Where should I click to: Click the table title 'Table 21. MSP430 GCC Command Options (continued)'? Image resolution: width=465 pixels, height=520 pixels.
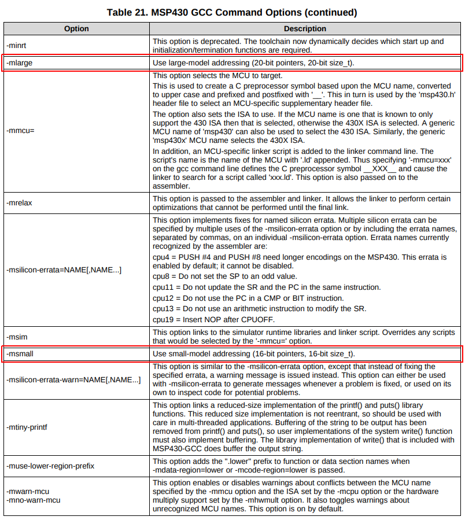[x=232, y=12]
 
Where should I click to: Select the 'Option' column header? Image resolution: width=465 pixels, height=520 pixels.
[x=76, y=28]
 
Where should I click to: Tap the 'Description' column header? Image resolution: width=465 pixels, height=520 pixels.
[x=305, y=28]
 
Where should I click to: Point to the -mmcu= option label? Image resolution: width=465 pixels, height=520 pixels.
[x=21, y=131]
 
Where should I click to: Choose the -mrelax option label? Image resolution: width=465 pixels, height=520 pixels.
[x=19, y=204]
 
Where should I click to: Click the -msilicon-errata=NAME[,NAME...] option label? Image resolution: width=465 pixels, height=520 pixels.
[x=64, y=270]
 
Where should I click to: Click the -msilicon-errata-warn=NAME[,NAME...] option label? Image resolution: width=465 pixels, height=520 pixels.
[x=73, y=380]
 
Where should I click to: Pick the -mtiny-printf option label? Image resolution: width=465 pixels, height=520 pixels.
[x=27, y=427]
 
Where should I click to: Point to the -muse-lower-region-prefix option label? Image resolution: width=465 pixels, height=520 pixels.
[x=50, y=466]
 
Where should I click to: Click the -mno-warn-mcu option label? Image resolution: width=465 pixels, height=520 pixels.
[x=33, y=500]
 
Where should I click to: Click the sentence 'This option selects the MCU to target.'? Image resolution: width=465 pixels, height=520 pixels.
[x=217, y=76]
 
